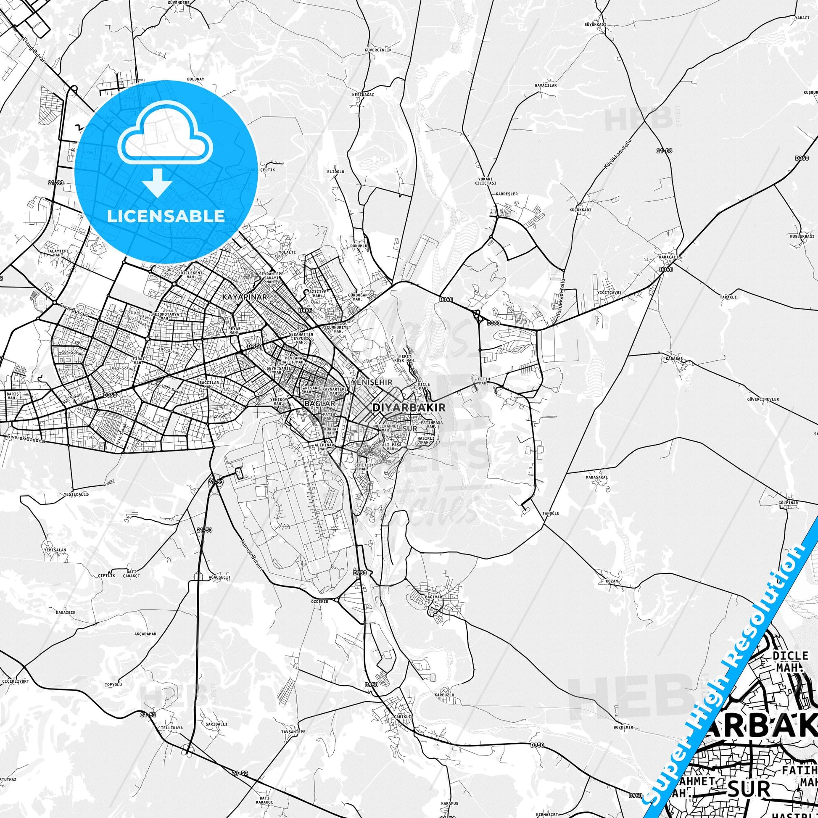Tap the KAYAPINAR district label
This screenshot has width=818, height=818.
pyautogui.click(x=244, y=297)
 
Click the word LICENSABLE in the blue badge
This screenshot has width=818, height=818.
pyautogui.click(x=166, y=216)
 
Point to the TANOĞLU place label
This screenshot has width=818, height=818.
pyautogui.click(x=551, y=513)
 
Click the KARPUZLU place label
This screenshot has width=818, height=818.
pyautogui.click(x=444, y=695)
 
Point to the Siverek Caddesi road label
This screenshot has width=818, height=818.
pyautogui.click(x=25, y=439)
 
